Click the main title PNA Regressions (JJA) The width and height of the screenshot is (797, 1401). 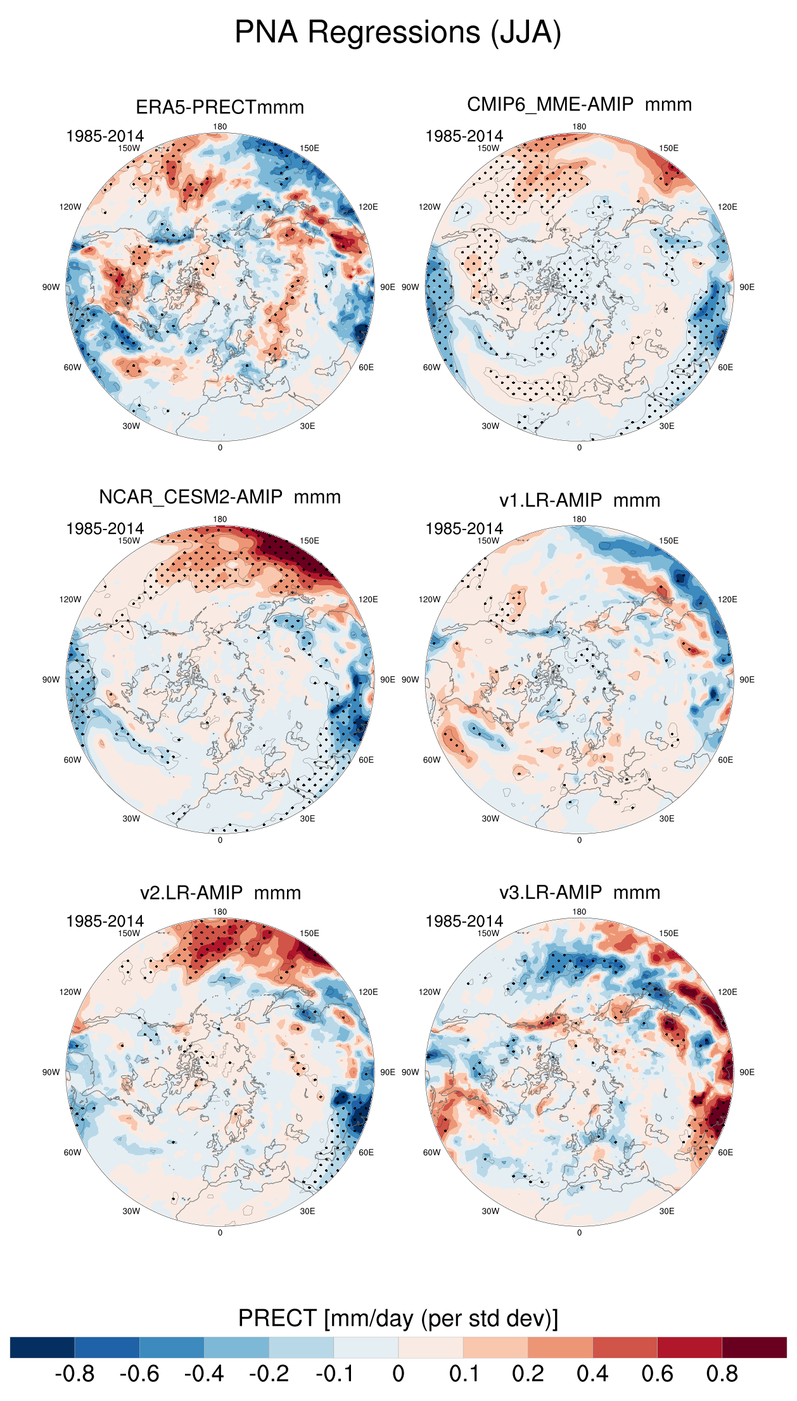pyautogui.click(x=398, y=32)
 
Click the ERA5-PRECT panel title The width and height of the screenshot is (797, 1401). pyautogui.click(x=220, y=107)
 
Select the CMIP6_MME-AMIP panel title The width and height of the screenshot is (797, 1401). pyautogui.click(x=579, y=105)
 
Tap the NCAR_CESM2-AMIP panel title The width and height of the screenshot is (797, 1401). pyautogui.click(x=220, y=497)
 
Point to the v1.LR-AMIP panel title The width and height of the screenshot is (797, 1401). pyautogui.click(x=579, y=500)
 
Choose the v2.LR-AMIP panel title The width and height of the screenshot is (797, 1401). pyautogui.click(x=220, y=893)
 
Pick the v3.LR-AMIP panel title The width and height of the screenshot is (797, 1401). pyautogui.click(x=579, y=892)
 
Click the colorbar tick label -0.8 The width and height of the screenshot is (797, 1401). pyautogui.click(x=75, y=1374)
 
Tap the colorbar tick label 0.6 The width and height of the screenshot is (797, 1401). pyautogui.click(x=657, y=1374)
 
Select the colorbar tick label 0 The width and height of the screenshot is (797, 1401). pyautogui.click(x=398, y=1374)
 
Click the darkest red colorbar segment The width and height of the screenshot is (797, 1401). pyautogui.click(x=754, y=1347)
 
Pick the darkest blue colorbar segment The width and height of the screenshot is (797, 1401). pyautogui.click(x=42, y=1347)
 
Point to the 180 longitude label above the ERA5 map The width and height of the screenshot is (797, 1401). pyautogui.click(x=220, y=127)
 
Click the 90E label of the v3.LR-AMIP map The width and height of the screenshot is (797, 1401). pyautogui.click(x=747, y=1072)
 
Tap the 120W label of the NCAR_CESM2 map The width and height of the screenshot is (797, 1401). pyautogui.click(x=70, y=599)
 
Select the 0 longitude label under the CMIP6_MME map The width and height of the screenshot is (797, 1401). pyautogui.click(x=579, y=447)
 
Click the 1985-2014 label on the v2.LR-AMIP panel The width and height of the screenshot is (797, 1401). pyautogui.click(x=105, y=921)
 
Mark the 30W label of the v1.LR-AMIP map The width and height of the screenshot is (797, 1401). pyautogui.click(x=490, y=818)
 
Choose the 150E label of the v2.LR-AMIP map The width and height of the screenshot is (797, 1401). pyautogui.click(x=309, y=933)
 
